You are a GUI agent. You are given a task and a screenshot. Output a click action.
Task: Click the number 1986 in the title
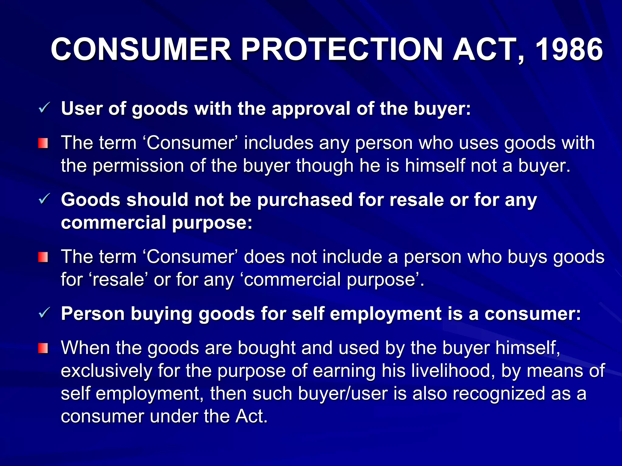click(569, 49)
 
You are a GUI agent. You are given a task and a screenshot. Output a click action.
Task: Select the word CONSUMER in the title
click(141, 49)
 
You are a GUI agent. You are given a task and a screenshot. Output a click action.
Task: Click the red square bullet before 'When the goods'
click(43, 348)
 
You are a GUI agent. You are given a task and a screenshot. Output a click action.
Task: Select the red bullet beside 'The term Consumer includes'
click(43, 143)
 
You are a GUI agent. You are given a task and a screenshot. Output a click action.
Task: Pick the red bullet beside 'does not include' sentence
click(43, 257)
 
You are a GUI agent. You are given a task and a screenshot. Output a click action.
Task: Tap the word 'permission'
click(138, 166)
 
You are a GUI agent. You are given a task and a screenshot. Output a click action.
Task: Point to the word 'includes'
click(279, 143)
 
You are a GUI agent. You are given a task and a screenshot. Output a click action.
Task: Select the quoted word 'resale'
click(118, 280)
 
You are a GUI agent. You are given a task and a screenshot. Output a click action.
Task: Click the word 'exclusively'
click(106, 371)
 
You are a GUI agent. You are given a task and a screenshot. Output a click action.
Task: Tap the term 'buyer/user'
click(343, 393)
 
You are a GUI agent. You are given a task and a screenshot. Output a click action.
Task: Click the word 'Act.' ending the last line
click(251, 416)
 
